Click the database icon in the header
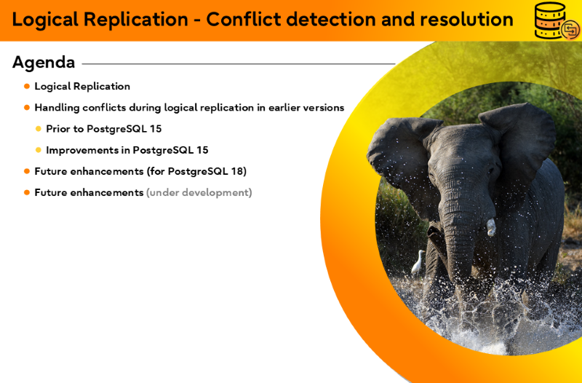pos(557,21)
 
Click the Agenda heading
pos(44,63)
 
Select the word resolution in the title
pos(466,19)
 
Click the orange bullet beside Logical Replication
pos(27,87)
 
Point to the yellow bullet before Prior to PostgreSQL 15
pos(39,129)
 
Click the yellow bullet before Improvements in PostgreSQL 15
pos(39,150)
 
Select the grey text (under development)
pos(199,192)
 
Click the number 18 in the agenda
pos(238,171)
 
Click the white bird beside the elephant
pos(418,262)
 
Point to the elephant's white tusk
pos(490,227)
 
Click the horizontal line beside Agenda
pos(239,64)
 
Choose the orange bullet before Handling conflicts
pos(27,108)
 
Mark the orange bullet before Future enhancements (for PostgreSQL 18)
pos(27,171)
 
